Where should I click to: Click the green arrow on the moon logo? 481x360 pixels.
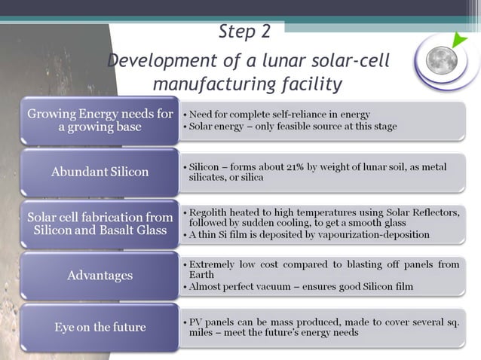coord(461,41)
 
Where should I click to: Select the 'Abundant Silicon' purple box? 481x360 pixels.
coord(100,172)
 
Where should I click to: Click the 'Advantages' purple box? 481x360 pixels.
coord(100,275)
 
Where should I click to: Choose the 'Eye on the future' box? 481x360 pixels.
coord(100,327)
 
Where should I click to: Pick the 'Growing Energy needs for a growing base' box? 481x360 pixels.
coord(100,121)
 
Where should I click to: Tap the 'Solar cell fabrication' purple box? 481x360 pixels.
coord(100,224)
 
